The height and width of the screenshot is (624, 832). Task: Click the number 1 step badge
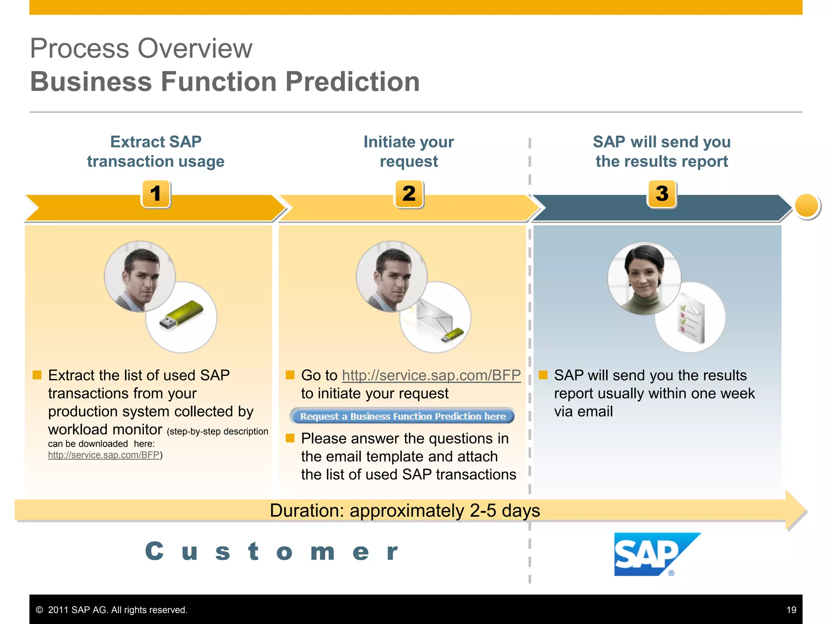click(156, 194)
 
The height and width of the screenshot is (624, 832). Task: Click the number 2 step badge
click(409, 194)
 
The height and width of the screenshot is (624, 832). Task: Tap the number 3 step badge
click(662, 194)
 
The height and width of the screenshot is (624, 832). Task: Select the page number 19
click(791, 610)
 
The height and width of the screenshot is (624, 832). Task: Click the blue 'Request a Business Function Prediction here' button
click(402, 416)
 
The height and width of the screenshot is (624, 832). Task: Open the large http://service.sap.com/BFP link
click(431, 375)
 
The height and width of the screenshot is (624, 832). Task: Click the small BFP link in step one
click(104, 455)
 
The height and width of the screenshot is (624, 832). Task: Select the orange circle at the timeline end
click(806, 206)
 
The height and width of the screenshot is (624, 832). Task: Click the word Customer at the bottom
click(271, 552)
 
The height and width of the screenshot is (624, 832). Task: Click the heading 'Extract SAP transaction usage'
click(156, 152)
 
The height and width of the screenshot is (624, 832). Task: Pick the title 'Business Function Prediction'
click(225, 82)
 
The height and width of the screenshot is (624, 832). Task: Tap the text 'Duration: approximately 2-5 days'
click(405, 511)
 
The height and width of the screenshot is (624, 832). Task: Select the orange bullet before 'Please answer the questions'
click(290, 438)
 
